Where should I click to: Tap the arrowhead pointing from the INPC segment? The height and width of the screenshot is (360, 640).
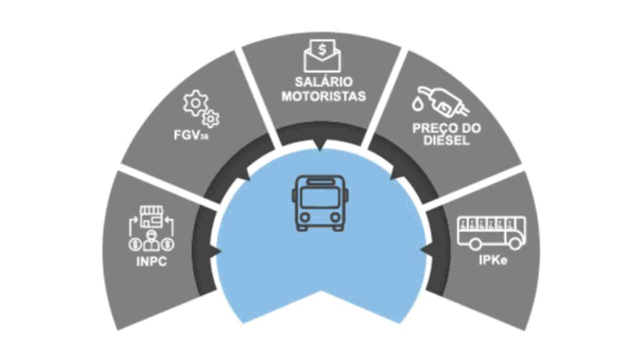[x=217, y=251]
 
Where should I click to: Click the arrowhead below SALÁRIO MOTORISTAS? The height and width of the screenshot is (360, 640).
[x=321, y=147]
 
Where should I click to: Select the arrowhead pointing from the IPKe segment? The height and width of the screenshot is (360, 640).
[x=424, y=251]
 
